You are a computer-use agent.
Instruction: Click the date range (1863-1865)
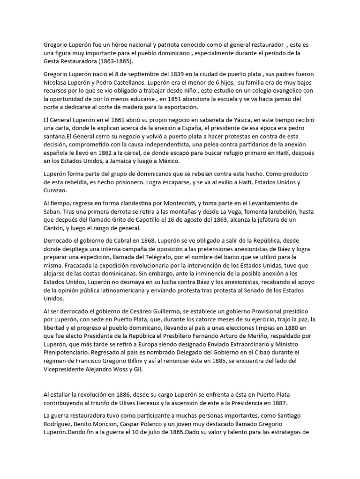pyautogui.click(x=112, y=61)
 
